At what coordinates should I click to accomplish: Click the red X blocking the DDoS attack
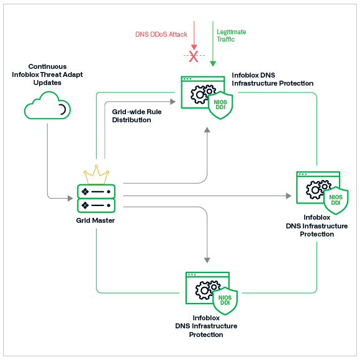(194, 57)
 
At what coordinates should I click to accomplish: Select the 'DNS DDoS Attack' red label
(161, 34)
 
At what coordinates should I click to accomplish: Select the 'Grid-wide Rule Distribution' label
(131, 116)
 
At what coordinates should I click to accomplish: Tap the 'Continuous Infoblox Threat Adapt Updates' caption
(47, 74)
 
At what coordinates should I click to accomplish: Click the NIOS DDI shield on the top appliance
(221, 104)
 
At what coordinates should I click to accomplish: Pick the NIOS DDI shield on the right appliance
(336, 199)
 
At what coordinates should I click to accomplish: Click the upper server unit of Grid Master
(96, 191)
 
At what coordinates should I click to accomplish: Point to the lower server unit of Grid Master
(96, 205)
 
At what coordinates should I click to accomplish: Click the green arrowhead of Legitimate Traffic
(213, 63)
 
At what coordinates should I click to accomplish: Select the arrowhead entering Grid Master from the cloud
(70, 199)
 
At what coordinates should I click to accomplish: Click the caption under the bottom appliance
(206, 326)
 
